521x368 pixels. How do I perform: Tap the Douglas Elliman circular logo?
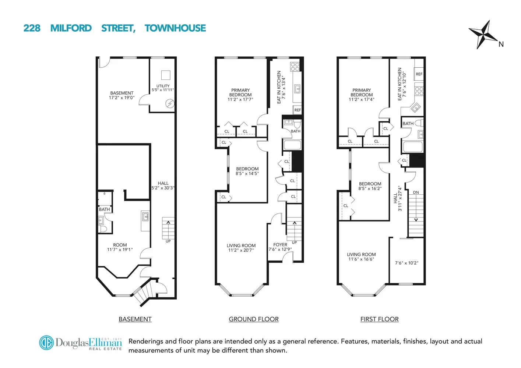pos(46,343)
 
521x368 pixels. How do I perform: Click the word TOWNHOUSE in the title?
pos(175,28)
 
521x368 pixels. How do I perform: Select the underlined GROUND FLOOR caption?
pos(254,319)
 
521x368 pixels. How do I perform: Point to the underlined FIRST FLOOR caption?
pos(379,319)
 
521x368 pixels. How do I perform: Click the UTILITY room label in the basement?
pos(163,86)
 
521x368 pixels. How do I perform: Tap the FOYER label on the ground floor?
pos(280,244)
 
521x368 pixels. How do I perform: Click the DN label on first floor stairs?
pos(416,192)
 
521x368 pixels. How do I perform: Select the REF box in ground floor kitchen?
pos(298,110)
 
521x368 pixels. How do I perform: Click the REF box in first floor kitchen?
pos(419,74)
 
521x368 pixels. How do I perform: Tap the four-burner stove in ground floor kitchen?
pos(295,67)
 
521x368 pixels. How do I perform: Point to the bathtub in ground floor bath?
pos(292,145)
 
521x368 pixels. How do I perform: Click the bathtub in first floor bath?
pos(413,147)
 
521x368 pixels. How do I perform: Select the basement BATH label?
pos(104,209)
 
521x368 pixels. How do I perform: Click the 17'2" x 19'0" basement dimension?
pos(122,98)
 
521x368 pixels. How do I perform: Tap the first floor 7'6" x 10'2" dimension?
pos(406,263)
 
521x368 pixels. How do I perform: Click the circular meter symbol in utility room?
pos(169,104)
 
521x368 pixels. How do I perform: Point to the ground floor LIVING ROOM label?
pos(241,245)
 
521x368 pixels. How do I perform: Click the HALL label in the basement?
pos(163,183)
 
